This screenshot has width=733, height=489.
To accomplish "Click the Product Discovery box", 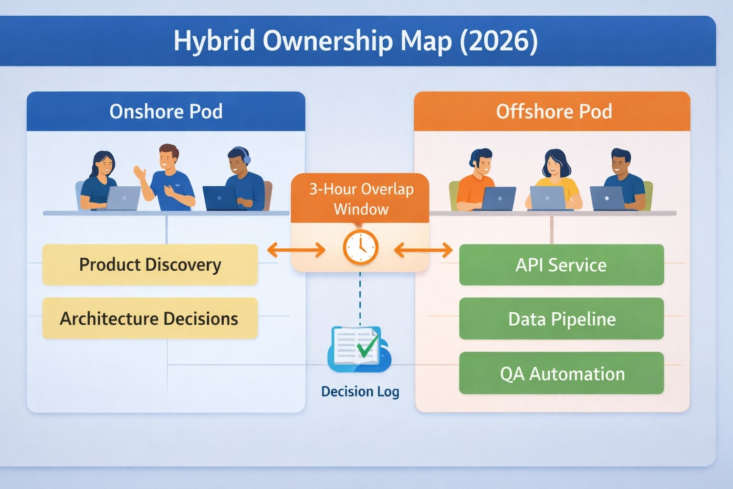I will coord(150,265).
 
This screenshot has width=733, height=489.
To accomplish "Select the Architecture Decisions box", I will coord(150,319).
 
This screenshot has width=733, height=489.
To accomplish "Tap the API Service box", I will coord(561,265).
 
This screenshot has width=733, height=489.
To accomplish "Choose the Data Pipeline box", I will coord(561,319).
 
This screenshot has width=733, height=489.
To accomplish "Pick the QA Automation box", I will coord(561,373).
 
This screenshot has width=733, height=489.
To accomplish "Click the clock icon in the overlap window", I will coord(360,247).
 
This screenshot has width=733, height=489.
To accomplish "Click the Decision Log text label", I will coord(360,392).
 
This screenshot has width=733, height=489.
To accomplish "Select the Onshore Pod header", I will coord(166,111).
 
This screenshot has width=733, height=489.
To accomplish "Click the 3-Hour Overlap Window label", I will coord(361,199).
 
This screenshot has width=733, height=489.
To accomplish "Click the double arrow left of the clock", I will coord(296,249).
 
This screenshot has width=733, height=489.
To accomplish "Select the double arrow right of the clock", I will coord(423,249).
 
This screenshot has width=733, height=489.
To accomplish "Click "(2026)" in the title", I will coord(499,41).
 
